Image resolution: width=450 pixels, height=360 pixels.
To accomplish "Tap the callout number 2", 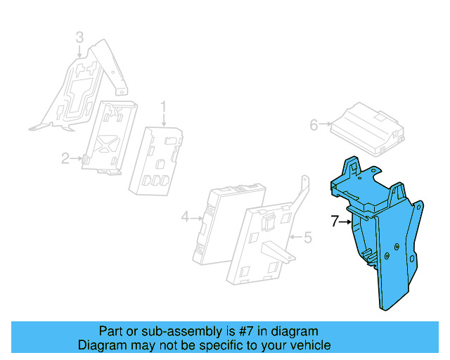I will pyautogui.click(x=65, y=159).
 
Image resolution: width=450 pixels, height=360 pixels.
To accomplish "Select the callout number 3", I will pyautogui.click(x=79, y=37).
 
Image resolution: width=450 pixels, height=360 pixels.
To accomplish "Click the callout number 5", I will pyautogui.click(x=307, y=237).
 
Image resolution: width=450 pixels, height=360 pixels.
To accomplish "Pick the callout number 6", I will pyautogui.click(x=314, y=125).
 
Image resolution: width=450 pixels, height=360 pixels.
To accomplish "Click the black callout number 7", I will pyautogui.click(x=335, y=221).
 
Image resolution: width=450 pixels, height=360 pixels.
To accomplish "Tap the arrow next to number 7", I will pyautogui.click(x=347, y=221).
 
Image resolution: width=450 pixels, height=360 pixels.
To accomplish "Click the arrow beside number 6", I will pyautogui.click(x=326, y=125).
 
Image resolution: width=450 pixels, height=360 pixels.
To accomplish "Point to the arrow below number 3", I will pyautogui.click(x=80, y=50).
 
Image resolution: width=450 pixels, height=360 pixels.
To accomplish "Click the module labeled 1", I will pyautogui.click(x=157, y=160).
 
